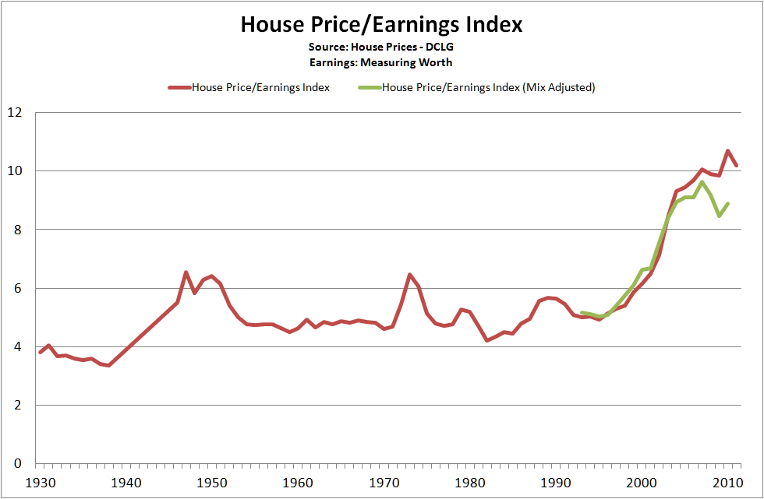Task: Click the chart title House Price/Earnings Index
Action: click(x=381, y=25)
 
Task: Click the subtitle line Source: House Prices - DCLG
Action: click(x=381, y=47)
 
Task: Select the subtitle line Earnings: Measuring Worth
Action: click(x=381, y=62)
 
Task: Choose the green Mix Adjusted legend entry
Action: click(x=488, y=87)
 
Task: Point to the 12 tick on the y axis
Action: click(x=15, y=113)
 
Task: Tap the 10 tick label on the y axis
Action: click(x=15, y=171)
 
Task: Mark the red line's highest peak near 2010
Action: click(x=728, y=151)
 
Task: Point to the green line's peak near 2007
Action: click(x=702, y=182)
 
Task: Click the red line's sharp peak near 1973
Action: click(x=409, y=275)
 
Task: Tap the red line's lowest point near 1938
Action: click(x=109, y=365)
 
